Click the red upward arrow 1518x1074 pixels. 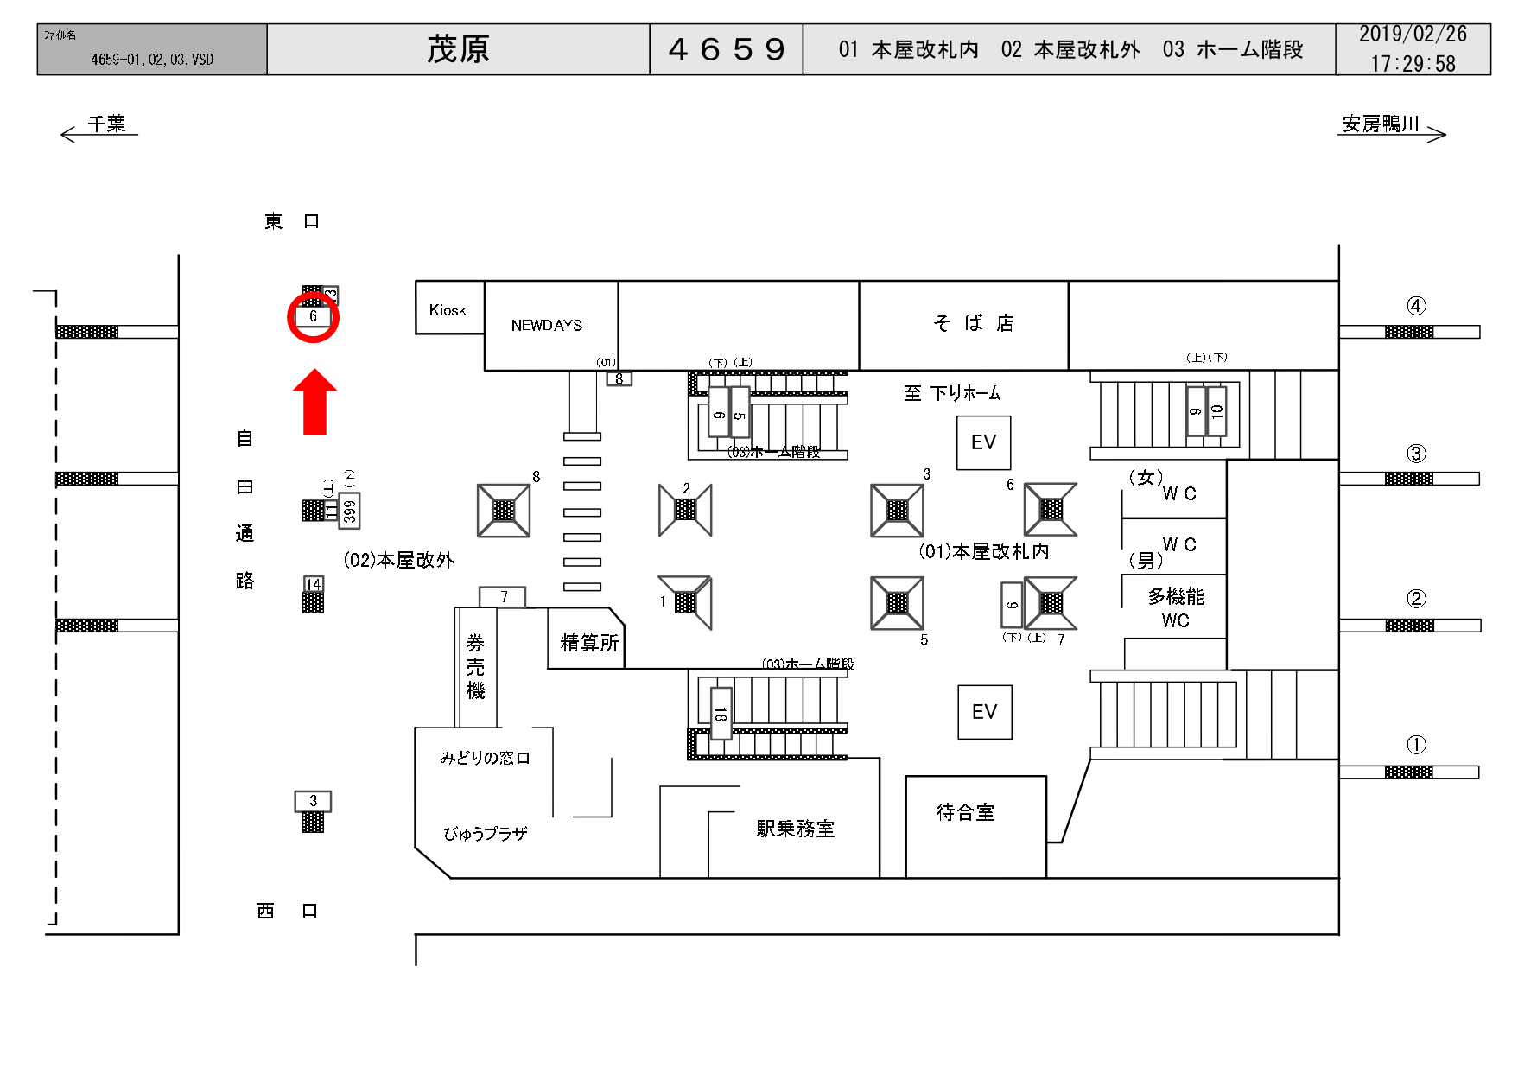[314, 403]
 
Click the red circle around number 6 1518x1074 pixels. [313, 317]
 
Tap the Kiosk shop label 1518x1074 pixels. [448, 310]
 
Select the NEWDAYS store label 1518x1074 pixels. [547, 326]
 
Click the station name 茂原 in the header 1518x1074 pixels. [458, 49]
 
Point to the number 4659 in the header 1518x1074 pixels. [727, 49]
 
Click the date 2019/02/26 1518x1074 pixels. [1413, 35]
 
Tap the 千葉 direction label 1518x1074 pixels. [107, 124]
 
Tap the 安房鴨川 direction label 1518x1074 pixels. [1381, 124]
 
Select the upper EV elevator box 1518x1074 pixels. [983, 442]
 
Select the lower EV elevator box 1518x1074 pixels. [984, 712]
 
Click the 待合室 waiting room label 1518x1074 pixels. [966, 812]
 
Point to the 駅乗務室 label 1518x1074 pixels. [795, 829]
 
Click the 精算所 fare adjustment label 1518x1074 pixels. [589, 643]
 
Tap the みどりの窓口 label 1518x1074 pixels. [485, 758]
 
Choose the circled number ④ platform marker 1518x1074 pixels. [1416, 306]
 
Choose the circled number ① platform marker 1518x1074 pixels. [1416, 745]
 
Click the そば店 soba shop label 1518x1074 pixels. [974, 323]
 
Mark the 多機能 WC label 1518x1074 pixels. [1175, 607]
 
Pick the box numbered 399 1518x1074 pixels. [349, 511]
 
